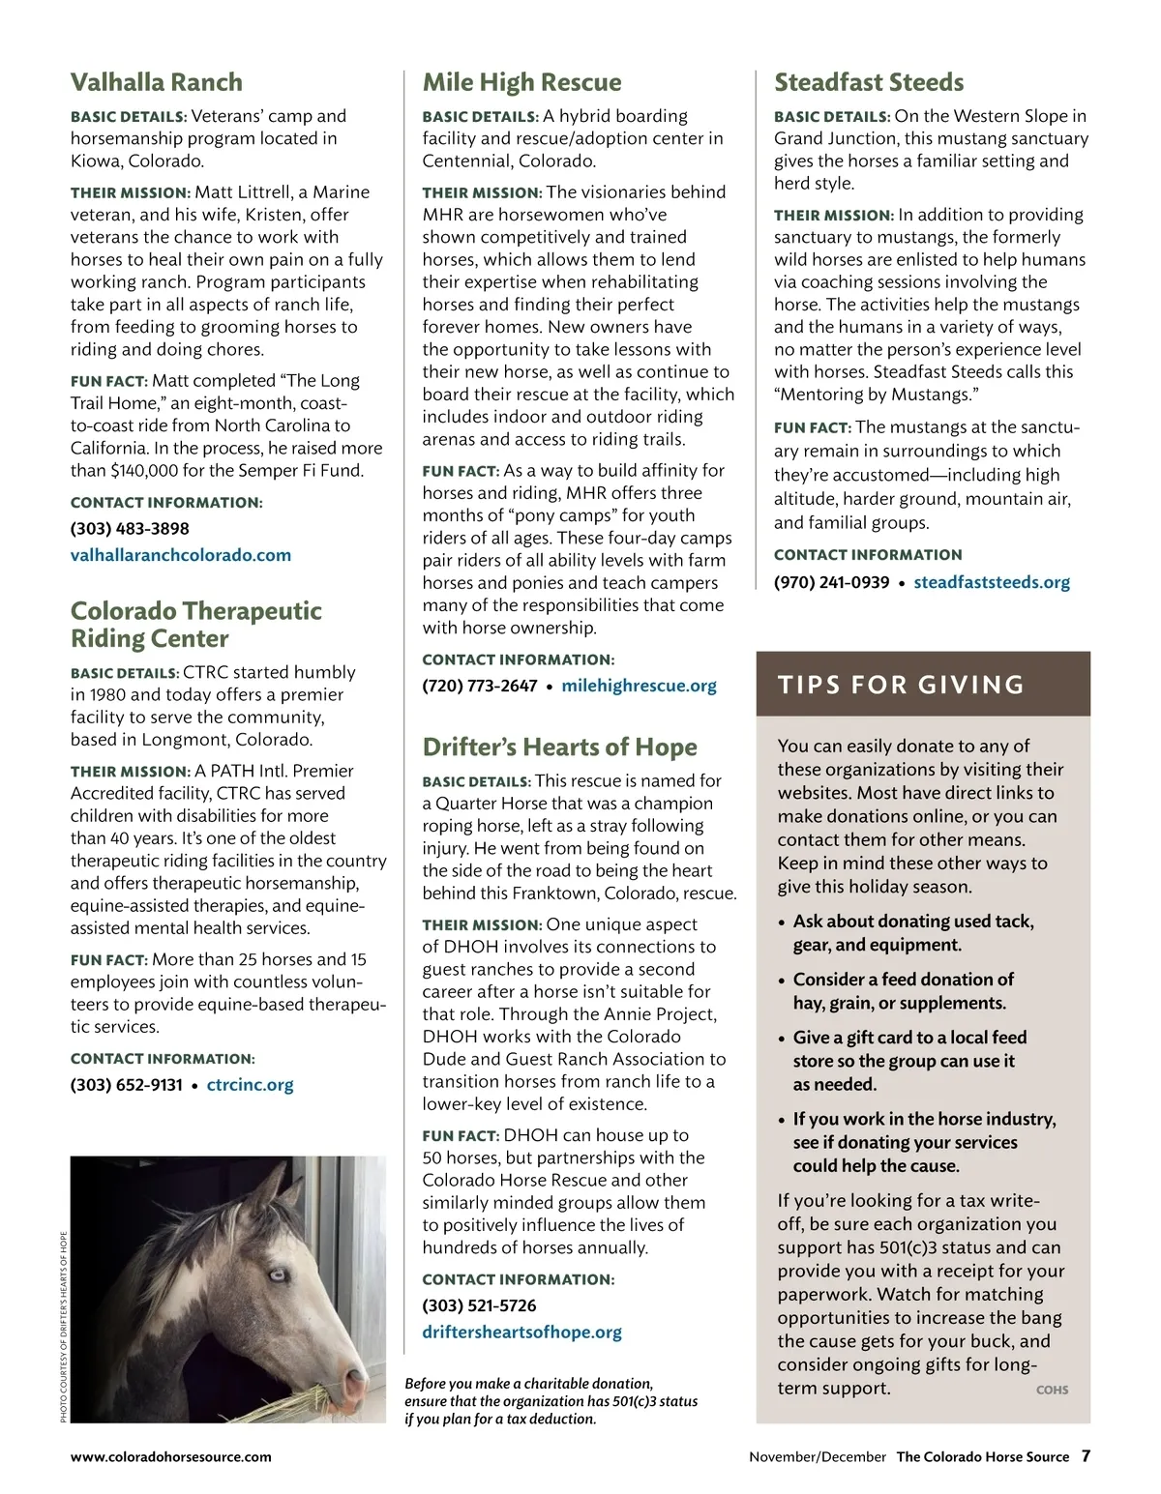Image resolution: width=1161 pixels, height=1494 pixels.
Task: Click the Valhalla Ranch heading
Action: pos(156,82)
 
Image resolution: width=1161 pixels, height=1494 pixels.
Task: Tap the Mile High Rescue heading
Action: pos(521,82)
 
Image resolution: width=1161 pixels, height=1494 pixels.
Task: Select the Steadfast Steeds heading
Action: pos(869,82)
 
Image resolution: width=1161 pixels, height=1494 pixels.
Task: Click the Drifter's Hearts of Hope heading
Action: pos(559,747)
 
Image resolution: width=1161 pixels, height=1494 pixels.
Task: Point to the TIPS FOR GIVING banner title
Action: pos(901,685)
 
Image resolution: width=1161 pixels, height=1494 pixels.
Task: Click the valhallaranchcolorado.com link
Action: pos(180,555)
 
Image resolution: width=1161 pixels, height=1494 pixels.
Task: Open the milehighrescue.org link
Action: pos(639,686)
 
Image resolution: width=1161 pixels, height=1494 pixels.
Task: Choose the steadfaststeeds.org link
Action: pos(992,582)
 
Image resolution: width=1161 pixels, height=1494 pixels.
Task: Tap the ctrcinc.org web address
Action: pos(250,1084)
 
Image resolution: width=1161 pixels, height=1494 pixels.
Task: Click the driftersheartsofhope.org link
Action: pos(521,1332)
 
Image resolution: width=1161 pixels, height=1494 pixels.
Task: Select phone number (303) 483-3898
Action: pos(130,529)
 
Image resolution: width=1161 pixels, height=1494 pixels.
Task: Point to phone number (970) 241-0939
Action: pos(831,582)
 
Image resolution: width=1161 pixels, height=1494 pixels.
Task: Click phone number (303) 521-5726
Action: pos(479,1305)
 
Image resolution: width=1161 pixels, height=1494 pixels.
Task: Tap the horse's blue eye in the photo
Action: pos(278,1274)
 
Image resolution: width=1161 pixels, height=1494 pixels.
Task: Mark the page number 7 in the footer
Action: pos(1086,1456)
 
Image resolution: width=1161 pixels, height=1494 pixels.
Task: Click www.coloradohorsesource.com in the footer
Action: pos(170,1457)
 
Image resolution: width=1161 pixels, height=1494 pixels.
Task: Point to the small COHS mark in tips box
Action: pos(1052,1390)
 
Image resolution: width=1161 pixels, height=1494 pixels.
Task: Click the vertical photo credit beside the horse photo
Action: pos(64,1326)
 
